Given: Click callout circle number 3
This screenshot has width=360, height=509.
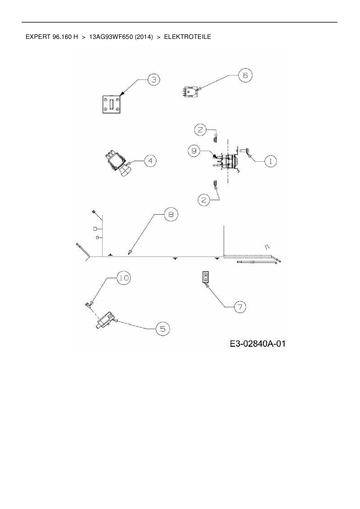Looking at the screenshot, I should point(154,80).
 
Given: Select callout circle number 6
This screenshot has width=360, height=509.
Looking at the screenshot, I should point(245,75).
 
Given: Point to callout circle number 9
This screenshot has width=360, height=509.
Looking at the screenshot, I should point(194,151).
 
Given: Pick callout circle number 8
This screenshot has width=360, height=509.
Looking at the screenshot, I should point(171,214).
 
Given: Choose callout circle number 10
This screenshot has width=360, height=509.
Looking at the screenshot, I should point(124,278).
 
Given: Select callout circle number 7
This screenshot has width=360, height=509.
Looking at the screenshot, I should point(240,307).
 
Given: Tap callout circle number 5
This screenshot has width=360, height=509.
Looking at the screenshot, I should point(163,329).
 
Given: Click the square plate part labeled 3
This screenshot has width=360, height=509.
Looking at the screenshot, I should point(111,105).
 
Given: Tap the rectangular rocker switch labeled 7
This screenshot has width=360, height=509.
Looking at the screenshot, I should point(205,277).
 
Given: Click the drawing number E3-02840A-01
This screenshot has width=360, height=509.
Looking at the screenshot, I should point(258,344).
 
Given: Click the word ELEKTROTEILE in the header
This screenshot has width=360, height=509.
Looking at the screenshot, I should point(188,37).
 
